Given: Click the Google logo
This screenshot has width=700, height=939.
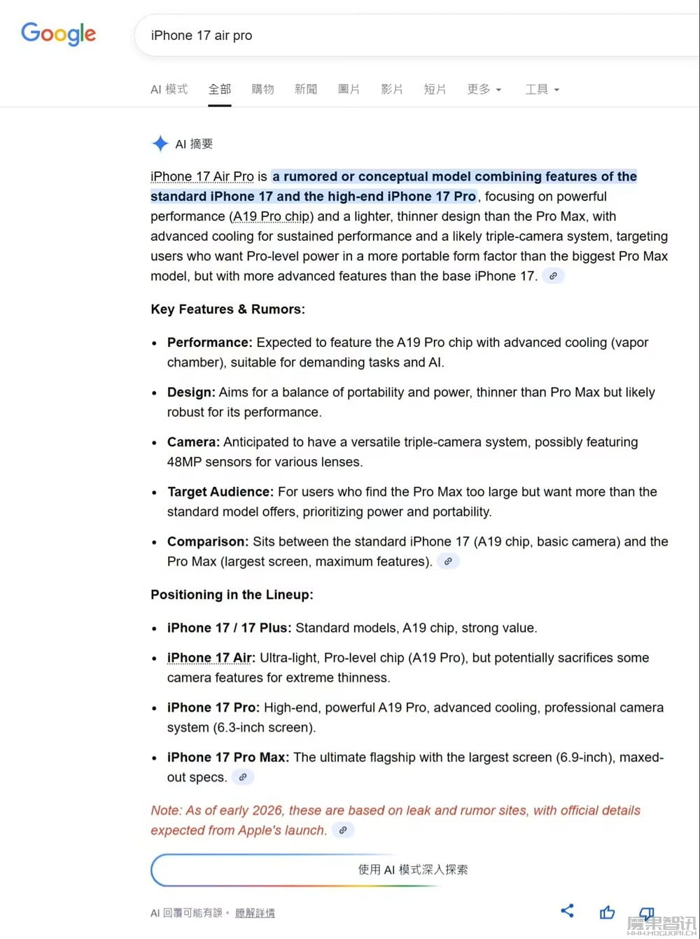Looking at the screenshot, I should [x=58, y=34].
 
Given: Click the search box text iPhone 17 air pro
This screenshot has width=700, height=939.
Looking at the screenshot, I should [x=202, y=36].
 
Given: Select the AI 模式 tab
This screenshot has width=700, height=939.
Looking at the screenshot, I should [x=169, y=90].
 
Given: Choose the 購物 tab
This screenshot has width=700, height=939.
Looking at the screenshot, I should [x=262, y=90].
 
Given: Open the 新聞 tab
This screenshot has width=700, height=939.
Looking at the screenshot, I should [x=306, y=90].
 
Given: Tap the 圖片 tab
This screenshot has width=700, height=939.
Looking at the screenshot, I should [x=349, y=90].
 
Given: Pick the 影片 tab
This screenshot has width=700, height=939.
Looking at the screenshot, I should [x=392, y=90].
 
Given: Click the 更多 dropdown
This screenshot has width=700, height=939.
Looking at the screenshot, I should [x=484, y=90].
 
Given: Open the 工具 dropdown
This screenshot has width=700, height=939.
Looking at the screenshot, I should [x=542, y=90].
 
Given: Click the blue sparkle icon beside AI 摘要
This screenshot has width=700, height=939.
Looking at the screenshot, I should [x=160, y=143].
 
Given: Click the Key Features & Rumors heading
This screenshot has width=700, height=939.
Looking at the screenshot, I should [x=227, y=309].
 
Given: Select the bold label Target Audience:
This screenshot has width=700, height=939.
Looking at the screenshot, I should [x=220, y=492].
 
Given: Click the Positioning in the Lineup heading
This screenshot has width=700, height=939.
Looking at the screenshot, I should [x=232, y=595].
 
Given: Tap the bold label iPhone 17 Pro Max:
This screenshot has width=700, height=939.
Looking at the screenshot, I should [x=227, y=757].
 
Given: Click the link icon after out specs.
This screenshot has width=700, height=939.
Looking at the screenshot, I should [x=243, y=777].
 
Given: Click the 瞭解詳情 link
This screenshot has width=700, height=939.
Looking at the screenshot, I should [x=255, y=912].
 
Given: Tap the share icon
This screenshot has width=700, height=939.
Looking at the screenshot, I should [x=568, y=910].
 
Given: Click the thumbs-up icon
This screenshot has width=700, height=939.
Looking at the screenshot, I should [x=608, y=912].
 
